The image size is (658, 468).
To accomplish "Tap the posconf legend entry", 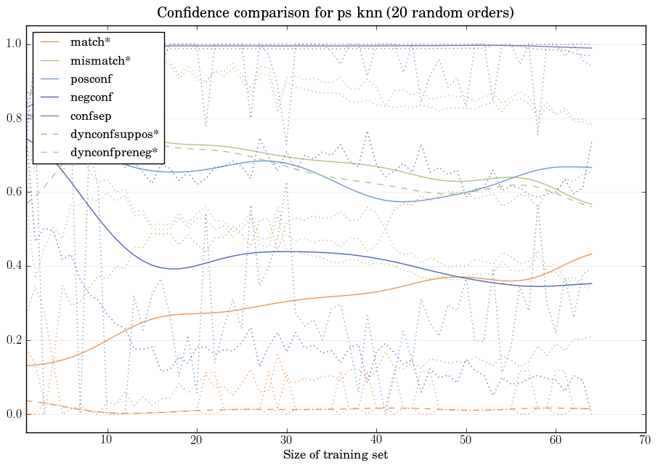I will click(91, 78).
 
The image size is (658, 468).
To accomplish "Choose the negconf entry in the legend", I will click(92, 97).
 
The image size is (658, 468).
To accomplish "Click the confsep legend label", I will click(91, 115).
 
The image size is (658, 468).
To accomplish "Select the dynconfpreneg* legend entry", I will click(113, 152).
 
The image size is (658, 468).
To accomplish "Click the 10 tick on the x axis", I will click(107, 440).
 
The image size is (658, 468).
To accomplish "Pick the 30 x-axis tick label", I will click(286, 440).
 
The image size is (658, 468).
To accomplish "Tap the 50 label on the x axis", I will click(466, 440).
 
